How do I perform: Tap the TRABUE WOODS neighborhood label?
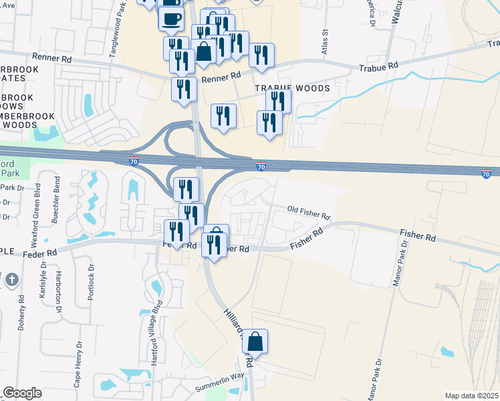tap(291, 88)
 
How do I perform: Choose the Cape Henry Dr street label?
tap(79, 364)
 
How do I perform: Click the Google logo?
tap(22, 393)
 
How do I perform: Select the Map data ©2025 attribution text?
tap(472, 396)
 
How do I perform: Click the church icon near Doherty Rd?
tap(10, 281)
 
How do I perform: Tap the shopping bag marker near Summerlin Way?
tap(255, 342)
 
